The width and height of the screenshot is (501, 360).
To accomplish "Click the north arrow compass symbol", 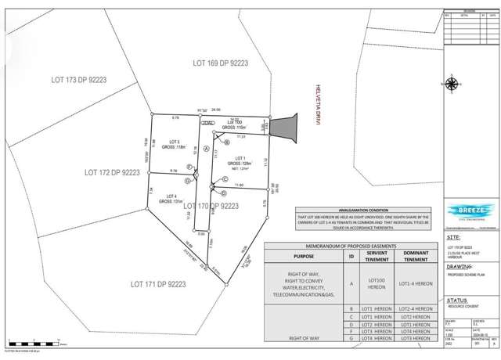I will [452, 84].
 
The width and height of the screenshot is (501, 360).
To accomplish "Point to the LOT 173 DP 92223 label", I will [78, 80].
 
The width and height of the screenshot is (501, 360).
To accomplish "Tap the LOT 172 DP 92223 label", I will [112, 171].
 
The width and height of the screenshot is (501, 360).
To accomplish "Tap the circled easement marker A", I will [206, 148].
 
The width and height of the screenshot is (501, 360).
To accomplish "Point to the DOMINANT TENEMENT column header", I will [416, 257].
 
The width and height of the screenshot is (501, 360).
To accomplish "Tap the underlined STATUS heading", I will [456, 300].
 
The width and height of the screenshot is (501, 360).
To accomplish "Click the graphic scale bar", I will [35, 342].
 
